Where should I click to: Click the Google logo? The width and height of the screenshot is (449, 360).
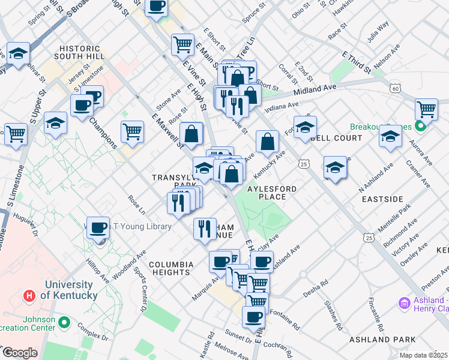coord(20,353)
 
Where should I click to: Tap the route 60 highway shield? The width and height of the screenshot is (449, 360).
coord(394,88)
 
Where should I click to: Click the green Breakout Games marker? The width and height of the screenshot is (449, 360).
coord(421,127)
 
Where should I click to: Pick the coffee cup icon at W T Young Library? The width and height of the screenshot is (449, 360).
coord(98,228)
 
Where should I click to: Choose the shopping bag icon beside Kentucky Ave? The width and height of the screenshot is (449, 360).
coord(268,142)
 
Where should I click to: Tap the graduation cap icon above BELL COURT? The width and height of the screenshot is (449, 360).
coord(305,127)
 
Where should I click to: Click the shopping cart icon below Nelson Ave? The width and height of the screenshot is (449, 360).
coord(426,110)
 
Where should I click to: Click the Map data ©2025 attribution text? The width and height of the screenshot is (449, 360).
coord(424,355)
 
